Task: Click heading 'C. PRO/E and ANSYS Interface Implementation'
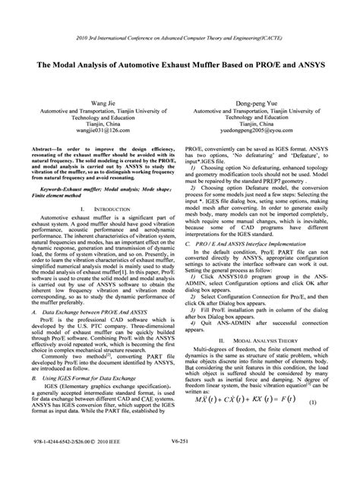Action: (257, 245)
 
